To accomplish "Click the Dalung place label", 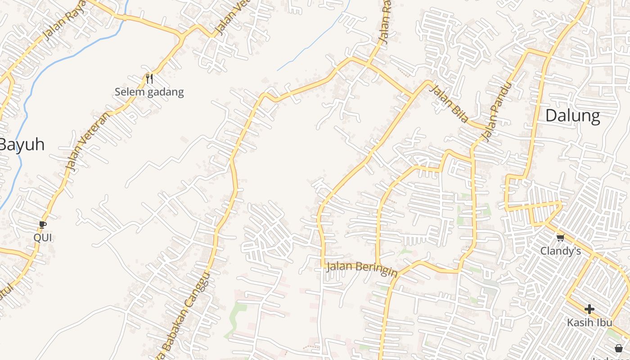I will point(572,116).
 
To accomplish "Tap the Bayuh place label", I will point(22,145).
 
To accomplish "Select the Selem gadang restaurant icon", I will point(149,79).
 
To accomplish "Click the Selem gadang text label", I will point(149,92).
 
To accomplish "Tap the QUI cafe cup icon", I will point(43,224).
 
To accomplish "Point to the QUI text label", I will point(43,238).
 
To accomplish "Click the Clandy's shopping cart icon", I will point(560,238).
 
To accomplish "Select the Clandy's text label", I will point(560,251).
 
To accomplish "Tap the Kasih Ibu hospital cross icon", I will point(589,309).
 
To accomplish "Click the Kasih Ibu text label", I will point(589,323).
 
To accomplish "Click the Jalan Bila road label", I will point(449,103).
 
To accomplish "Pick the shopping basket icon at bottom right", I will point(619,348).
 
